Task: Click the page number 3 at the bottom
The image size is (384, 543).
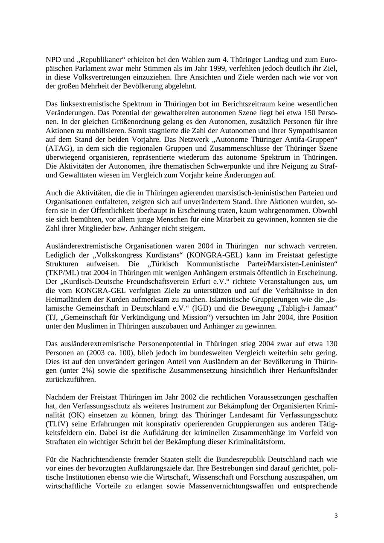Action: pos(336,516)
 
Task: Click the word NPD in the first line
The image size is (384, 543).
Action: pos(53,59)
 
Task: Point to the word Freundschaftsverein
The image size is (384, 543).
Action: pos(142,282)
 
